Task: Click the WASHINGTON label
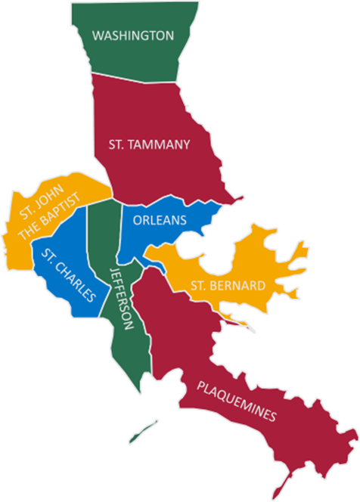tap(133, 36)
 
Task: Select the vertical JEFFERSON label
tap(123, 299)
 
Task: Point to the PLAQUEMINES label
tap(237, 401)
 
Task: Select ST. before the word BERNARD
tap(198, 286)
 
